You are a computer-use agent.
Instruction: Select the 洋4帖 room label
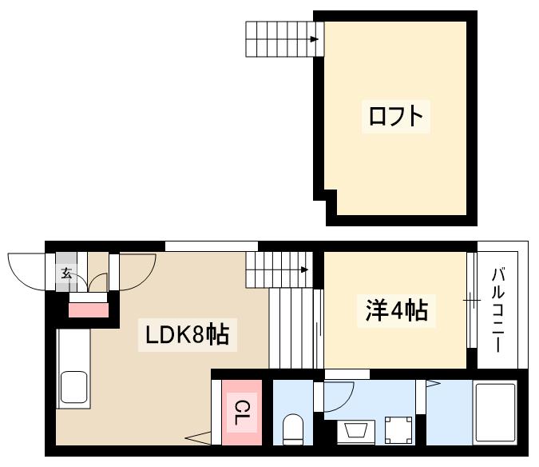tap(396, 310)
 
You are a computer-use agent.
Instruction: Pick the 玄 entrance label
tap(66, 273)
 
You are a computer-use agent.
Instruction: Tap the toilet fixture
tap(294, 429)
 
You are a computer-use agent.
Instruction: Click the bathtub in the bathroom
tap(496, 413)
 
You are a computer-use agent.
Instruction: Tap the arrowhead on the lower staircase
tap(304, 269)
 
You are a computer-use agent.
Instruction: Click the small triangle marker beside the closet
tap(196, 437)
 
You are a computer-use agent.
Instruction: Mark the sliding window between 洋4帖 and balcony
tap(471, 300)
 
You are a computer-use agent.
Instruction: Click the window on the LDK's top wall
tap(212, 245)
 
